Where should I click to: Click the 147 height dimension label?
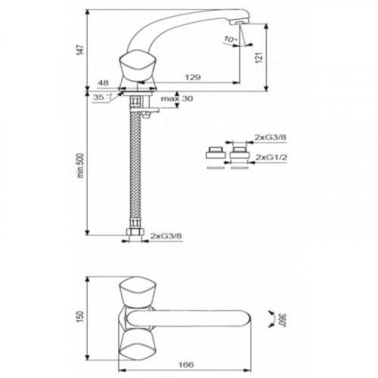tap(80, 51)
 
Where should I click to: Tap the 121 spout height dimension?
tap(259, 57)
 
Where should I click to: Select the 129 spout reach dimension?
tap(193, 77)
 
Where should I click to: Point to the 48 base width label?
tap(103, 82)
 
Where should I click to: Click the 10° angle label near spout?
tap(231, 39)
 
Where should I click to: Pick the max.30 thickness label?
tap(177, 98)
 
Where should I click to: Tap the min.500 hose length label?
tap(80, 166)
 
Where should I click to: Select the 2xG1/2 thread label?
tap(271, 157)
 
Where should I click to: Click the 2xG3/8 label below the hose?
tap(166, 236)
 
